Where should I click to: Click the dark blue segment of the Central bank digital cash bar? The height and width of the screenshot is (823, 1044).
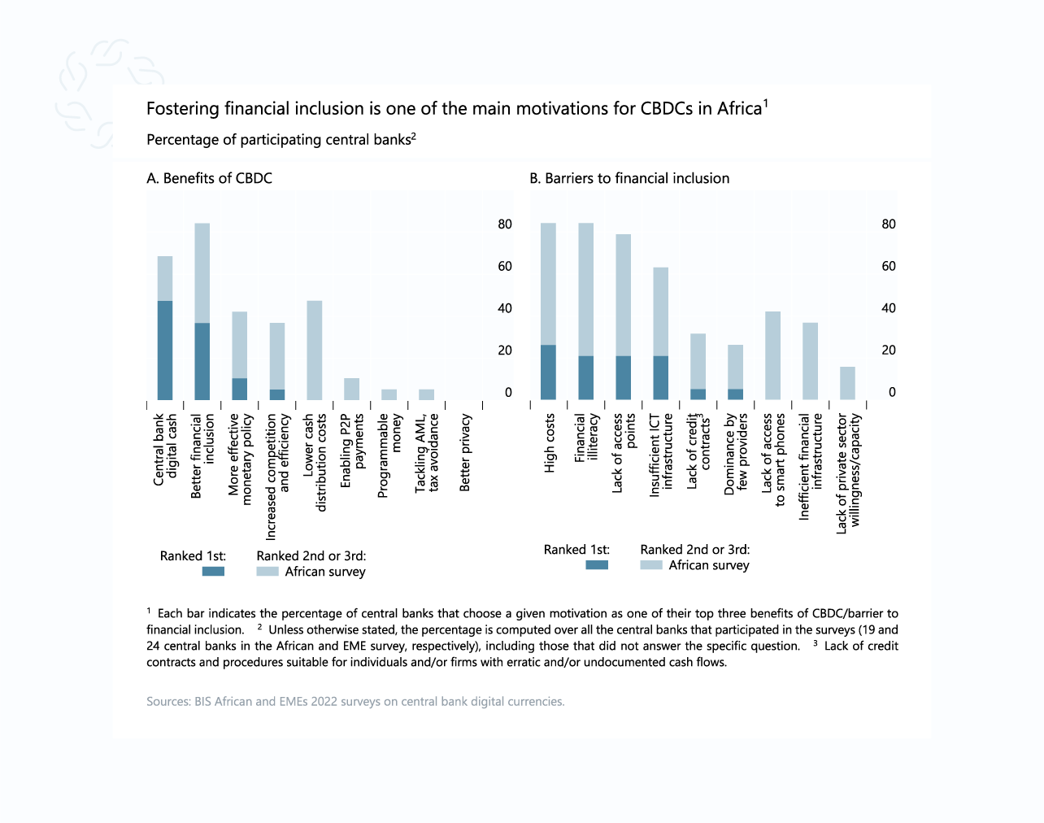pos(165,351)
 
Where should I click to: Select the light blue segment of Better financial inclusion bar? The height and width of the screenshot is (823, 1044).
pos(202,272)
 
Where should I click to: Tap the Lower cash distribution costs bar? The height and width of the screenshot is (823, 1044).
pos(314,351)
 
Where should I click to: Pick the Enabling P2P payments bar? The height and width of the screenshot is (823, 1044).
pos(351,389)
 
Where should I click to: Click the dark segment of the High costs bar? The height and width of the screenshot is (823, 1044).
pos(548,372)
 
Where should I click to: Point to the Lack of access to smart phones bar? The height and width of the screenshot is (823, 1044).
pos(772,355)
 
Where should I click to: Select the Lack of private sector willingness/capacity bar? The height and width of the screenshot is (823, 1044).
pos(847,383)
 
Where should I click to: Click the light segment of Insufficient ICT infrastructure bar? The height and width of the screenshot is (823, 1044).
pos(660,311)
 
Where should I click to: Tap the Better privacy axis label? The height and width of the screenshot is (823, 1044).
pos(465,453)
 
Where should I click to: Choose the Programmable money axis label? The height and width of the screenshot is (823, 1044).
pos(389,455)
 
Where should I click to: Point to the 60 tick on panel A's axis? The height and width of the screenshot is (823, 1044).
pos(505,267)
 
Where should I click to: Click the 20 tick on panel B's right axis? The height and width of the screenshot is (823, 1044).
pos(889,351)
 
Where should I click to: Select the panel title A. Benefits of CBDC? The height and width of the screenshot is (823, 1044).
pos(209,178)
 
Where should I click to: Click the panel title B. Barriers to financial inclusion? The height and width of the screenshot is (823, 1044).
pos(629,178)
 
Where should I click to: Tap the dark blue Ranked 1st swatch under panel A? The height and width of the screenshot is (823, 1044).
pos(213,572)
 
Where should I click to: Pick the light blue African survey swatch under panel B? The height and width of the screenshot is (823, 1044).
pos(651,565)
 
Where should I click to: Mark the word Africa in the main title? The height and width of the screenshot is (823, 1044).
pos(738,109)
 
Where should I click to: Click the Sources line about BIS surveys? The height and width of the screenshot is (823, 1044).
pos(355,701)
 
